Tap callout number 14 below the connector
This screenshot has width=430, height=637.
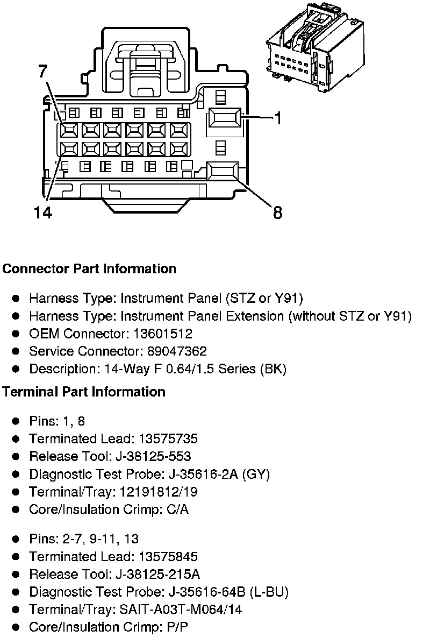pyautogui.click(x=42, y=213)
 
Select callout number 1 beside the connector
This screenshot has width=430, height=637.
pyautogui.click(x=277, y=118)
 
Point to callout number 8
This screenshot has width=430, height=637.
pyautogui.click(x=277, y=213)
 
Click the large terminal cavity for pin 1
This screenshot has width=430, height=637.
pyautogui.click(x=225, y=117)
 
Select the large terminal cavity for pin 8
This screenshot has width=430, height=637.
pyautogui.click(x=223, y=172)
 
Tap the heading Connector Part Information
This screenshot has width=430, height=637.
pyautogui.click(x=89, y=268)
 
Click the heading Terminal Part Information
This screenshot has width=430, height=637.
pyautogui.click(x=83, y=392)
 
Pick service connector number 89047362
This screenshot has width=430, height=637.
pyautogui.click(x=177, y=351)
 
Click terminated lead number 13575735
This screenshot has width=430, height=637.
pyautogui.click(x=168, y=438)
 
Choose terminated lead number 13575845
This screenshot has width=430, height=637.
pyautogui.click(x=168, y=556)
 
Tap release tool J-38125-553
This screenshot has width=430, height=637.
pyautogui.click(x=153, y=456)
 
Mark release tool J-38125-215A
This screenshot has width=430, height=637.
pyautogui.click(x=158, y=574)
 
